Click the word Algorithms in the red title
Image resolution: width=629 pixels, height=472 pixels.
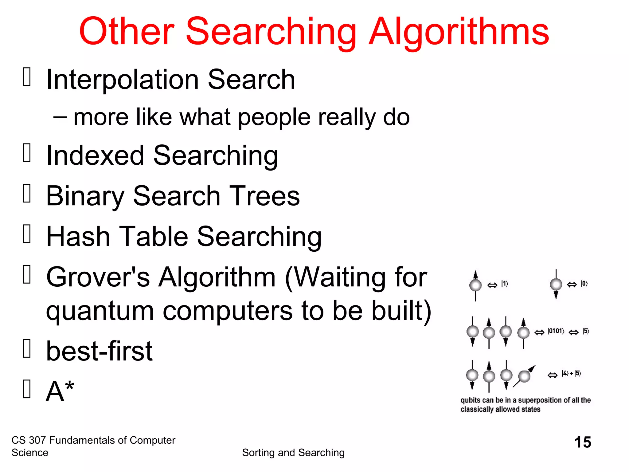pos(459,32)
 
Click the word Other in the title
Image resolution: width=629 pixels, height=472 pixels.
pos(127,32)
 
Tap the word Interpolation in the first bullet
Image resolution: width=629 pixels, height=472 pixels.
pos(122,80)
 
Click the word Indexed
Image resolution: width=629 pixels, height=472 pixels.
pos(95,155)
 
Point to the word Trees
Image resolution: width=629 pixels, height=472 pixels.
pos(264,196)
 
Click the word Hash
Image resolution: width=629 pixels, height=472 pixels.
pos(78,236)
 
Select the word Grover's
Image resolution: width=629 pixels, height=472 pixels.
pos(98,277)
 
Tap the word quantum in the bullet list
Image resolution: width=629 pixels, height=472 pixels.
pos(100,311)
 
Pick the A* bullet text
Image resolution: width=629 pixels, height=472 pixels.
pos(60,391)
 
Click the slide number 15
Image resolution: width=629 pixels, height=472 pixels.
pos(583,442)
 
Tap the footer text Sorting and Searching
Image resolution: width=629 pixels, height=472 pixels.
pos(293,453)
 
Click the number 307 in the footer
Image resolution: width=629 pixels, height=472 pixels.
pos(37,440)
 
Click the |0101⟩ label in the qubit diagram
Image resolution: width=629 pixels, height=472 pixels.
pos(556,331)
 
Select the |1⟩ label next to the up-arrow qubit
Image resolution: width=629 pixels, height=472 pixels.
pos(505,284)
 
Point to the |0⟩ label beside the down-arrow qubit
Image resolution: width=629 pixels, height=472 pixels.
pos(584,284)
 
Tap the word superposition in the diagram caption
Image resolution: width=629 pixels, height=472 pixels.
pos(540,400)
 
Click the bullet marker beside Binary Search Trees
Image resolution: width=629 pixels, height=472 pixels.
pos(27,193)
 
